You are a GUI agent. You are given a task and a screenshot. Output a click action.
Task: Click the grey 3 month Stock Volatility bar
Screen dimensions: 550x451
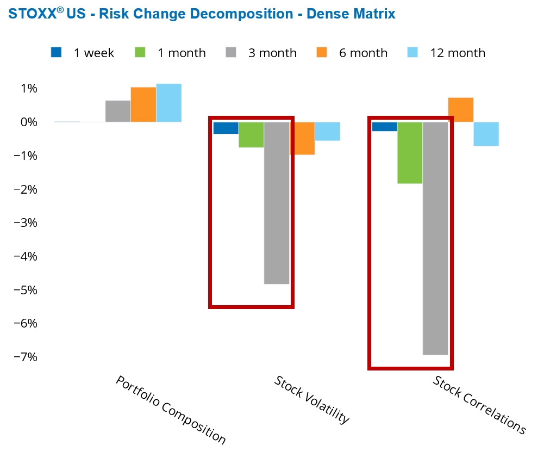pos(277,203)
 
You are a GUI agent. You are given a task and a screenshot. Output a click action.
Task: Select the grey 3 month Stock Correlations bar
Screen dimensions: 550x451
pos(435,238)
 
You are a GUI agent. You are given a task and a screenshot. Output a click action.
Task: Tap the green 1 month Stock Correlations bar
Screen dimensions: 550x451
pos(410,152)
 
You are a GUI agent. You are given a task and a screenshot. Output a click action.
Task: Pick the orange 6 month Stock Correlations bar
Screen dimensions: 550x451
pos(461,109)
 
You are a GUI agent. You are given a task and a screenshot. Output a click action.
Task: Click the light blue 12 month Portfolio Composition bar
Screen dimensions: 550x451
pos(168,103)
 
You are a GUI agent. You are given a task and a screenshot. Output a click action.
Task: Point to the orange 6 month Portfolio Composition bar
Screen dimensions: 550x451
pos(143,104)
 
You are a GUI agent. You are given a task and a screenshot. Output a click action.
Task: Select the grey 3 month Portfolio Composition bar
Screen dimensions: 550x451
pos(118,111)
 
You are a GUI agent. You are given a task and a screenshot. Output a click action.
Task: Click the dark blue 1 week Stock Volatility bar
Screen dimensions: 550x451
pos(226,128)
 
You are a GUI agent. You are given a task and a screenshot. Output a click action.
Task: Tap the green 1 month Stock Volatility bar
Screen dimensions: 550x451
pos(251,134)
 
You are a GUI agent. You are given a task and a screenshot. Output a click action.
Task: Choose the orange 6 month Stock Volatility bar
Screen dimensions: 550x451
pos(302,138)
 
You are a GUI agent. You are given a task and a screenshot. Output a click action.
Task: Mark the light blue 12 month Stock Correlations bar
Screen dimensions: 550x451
pos(486,134)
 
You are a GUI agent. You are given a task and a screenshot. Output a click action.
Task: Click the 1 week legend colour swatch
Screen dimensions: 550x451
pos(56,52)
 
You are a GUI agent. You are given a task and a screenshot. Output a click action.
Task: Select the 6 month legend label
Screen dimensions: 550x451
pos(364,53)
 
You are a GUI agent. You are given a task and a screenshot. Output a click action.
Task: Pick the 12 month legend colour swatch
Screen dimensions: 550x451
pos(413,52)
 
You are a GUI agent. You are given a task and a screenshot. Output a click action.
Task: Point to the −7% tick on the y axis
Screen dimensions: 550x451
pos(25,357)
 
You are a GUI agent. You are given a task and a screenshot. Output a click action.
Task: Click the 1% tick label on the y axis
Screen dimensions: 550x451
pos(29,88)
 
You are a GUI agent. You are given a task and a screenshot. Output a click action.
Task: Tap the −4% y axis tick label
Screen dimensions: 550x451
pos(25,256)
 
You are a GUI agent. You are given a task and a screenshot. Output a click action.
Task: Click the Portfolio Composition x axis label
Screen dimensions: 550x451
pos(171,410)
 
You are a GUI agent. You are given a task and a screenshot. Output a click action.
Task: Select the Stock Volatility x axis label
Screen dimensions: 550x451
pos(311,400)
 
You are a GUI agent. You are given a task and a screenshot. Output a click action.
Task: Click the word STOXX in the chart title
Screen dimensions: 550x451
pos(32,14)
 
